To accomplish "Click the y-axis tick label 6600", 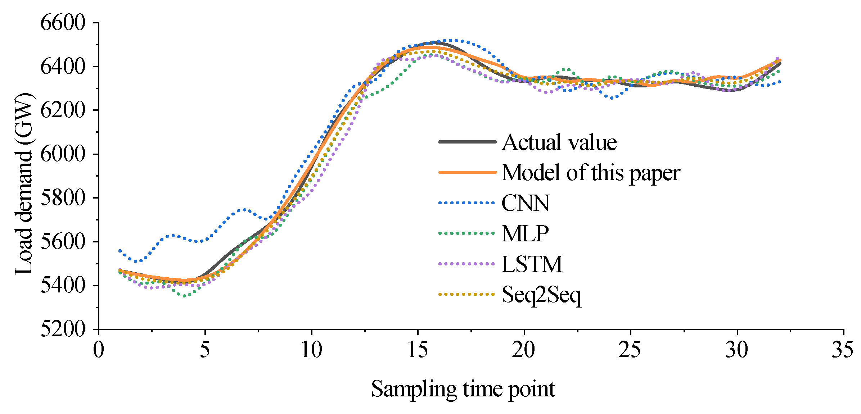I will click(63, 23).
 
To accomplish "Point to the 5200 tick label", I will click(63, 329).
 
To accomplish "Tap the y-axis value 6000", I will click(63, 154).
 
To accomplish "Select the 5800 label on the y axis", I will click(63, 198).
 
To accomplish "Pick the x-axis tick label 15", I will click(418, 350).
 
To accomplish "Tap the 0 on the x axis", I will click(98, 350).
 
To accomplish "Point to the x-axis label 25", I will click(630, 350).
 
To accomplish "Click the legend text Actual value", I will click(559, 142).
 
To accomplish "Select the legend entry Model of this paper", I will click(591, 173).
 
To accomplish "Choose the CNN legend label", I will click(526, 203).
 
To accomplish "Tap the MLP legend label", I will click(525, 234).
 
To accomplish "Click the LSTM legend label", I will click(532, 264).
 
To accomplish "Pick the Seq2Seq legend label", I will click(541, 295).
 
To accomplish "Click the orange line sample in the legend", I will click(467, 173).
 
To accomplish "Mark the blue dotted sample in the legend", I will click(467, 203).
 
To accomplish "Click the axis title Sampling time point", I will click(463, 389).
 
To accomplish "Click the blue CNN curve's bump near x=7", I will click(244, 209).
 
